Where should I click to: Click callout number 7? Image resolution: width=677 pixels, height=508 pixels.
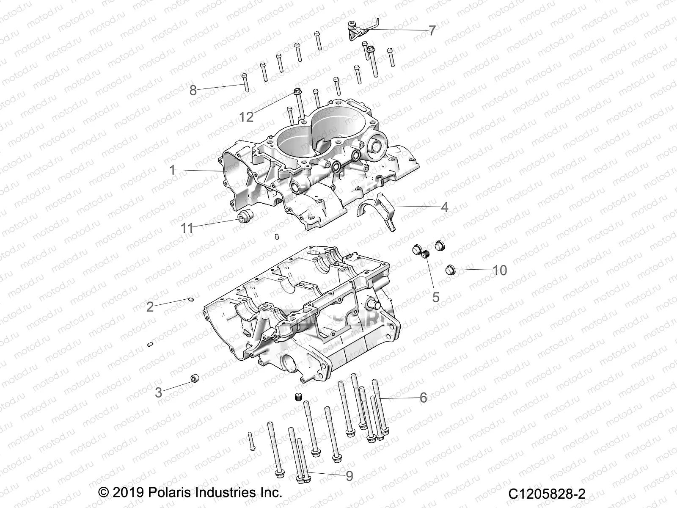click(x=432, y=30)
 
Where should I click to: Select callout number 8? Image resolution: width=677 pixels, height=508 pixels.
click(x=193, y=90)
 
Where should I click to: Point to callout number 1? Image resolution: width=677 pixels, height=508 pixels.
click(x=172, y=170)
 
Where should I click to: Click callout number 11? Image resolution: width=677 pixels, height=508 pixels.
click(x=187, y=228)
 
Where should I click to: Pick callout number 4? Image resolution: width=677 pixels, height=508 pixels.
click(x=444, y=207)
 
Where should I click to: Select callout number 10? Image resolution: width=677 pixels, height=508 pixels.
click(x=500, y=270)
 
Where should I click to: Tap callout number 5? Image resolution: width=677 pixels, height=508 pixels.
click(x=436, y=297)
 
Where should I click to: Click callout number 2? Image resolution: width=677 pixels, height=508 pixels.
click(x=150, y=306)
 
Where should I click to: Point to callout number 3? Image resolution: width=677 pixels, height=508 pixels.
click(x=159, y=392)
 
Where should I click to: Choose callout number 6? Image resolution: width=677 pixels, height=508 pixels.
click(x=423, y=398)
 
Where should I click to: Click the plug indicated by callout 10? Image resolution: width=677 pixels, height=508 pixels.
click(x=451, y=268)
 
